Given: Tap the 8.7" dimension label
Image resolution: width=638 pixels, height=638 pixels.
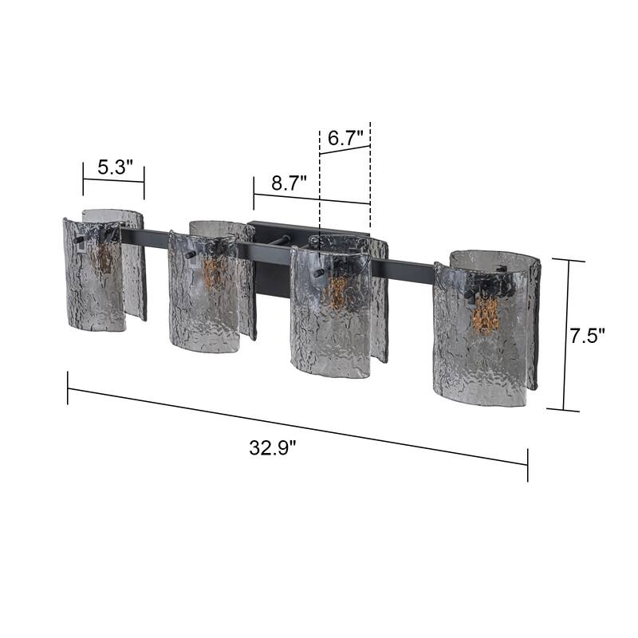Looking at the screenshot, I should point(289,183).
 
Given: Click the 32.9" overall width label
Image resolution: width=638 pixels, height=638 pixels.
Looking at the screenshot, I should point(272,447).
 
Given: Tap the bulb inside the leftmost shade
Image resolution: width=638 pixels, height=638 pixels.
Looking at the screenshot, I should point(103,257).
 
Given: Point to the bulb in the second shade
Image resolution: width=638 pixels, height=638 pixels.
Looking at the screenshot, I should point(211,271).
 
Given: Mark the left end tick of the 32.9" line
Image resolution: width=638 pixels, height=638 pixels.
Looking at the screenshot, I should point(68,388).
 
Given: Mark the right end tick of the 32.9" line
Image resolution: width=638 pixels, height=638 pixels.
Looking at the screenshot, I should point(527,465).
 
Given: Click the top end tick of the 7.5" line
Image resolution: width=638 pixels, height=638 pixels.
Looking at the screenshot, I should point(569,260).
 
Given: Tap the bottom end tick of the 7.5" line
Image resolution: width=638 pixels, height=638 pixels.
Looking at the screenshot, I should point(564,410).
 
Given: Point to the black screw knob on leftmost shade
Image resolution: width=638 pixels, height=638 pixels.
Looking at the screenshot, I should point(77,238).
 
